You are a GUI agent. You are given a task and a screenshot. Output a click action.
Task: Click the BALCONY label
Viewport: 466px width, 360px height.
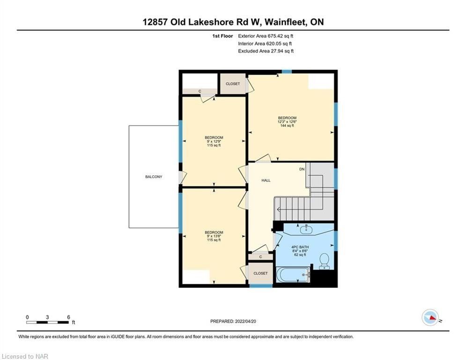[154, 177]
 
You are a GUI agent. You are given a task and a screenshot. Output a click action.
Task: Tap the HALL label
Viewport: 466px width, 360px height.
[266, 180]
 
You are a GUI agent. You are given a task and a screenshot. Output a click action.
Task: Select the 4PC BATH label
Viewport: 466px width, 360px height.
[300, 247]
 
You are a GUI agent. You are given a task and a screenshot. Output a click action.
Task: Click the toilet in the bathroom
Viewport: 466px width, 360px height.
[324, 261]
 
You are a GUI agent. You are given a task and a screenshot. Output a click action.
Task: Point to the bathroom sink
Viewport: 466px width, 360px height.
[306, 229]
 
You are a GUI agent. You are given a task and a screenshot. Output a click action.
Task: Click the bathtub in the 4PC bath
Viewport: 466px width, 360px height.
[293, 275]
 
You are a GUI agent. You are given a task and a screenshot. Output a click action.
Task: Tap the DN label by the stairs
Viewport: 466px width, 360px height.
[302, 169]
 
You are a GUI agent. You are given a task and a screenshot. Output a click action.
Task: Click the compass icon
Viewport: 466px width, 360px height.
[430, 317]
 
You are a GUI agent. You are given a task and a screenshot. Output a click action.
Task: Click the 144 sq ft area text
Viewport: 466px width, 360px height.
[287, 126]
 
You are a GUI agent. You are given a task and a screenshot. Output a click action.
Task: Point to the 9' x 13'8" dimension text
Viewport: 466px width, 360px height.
[214, 236]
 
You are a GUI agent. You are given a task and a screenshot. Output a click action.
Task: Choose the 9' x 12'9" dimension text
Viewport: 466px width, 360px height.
[214, 141]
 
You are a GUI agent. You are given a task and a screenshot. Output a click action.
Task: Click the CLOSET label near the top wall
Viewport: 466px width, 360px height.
[233, 84]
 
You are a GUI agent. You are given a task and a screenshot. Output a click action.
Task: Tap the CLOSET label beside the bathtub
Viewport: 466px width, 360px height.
[261, 273]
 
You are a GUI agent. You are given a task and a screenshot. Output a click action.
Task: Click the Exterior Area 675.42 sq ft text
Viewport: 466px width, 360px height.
[266, 36]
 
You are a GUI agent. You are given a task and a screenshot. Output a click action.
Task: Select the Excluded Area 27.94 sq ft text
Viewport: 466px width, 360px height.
[266, 51]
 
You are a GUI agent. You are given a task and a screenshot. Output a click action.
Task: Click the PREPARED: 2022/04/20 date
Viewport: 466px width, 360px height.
[233, 321]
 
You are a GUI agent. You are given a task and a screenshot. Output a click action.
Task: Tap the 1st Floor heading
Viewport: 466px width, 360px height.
[222, 36]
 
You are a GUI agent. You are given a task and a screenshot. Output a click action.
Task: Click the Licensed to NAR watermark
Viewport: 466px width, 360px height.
[25, 356]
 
